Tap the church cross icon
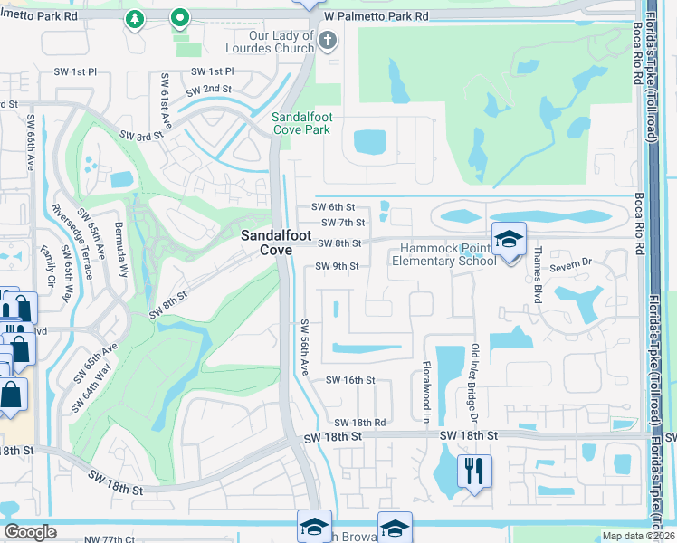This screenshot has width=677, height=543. (x=328, y=41)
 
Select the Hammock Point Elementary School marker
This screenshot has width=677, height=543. (x=509, y=240)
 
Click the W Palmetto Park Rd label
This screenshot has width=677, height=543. (x=376, y=16)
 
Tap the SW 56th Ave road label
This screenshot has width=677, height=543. (x=305, y=348)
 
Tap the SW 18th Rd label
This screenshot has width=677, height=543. (x=360, y=423)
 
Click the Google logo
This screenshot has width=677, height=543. (x=30, y=532)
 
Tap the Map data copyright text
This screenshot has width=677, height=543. (x=639, y=536)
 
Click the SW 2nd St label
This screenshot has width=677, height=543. (x=209, y=90)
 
